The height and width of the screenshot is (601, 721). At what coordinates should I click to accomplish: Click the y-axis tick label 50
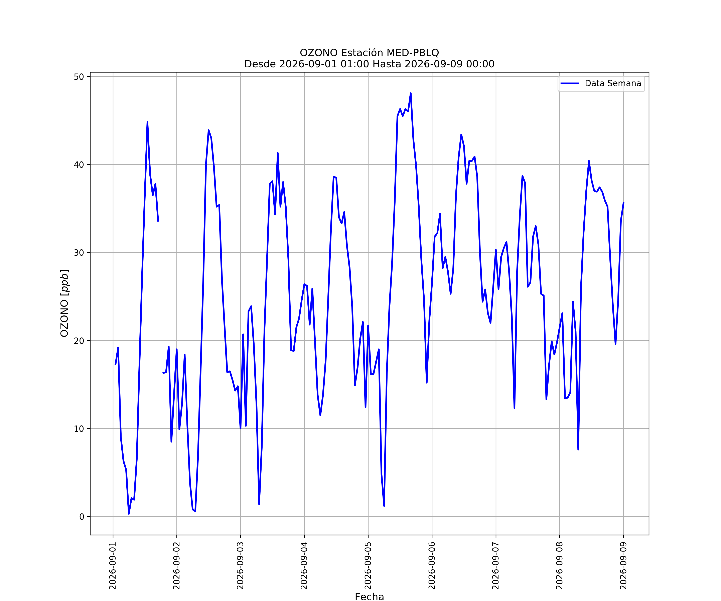coord(79,77)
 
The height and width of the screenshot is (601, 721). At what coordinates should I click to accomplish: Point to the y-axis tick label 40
coord(79,164)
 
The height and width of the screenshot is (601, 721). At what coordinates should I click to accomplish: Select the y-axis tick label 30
coord(79,253)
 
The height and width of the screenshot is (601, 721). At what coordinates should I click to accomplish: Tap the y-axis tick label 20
coord(79,341)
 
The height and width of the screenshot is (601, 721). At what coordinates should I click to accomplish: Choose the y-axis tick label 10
coord(79,429)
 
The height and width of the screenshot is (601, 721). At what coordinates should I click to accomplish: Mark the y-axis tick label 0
coord(82,517)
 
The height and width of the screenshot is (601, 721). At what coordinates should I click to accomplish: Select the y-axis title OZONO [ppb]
coord(64,303)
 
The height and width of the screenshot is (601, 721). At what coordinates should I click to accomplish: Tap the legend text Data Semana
coord(613,84)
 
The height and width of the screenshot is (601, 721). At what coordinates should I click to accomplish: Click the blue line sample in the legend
coord(570,84)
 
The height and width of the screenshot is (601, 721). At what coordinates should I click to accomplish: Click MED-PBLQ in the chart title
coord(413,53)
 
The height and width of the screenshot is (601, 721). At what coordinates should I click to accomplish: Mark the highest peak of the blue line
coord(411,93)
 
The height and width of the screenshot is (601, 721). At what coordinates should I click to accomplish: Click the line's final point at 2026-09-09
coord(623,203)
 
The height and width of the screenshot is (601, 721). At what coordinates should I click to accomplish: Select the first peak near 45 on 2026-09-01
coord(147,122)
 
